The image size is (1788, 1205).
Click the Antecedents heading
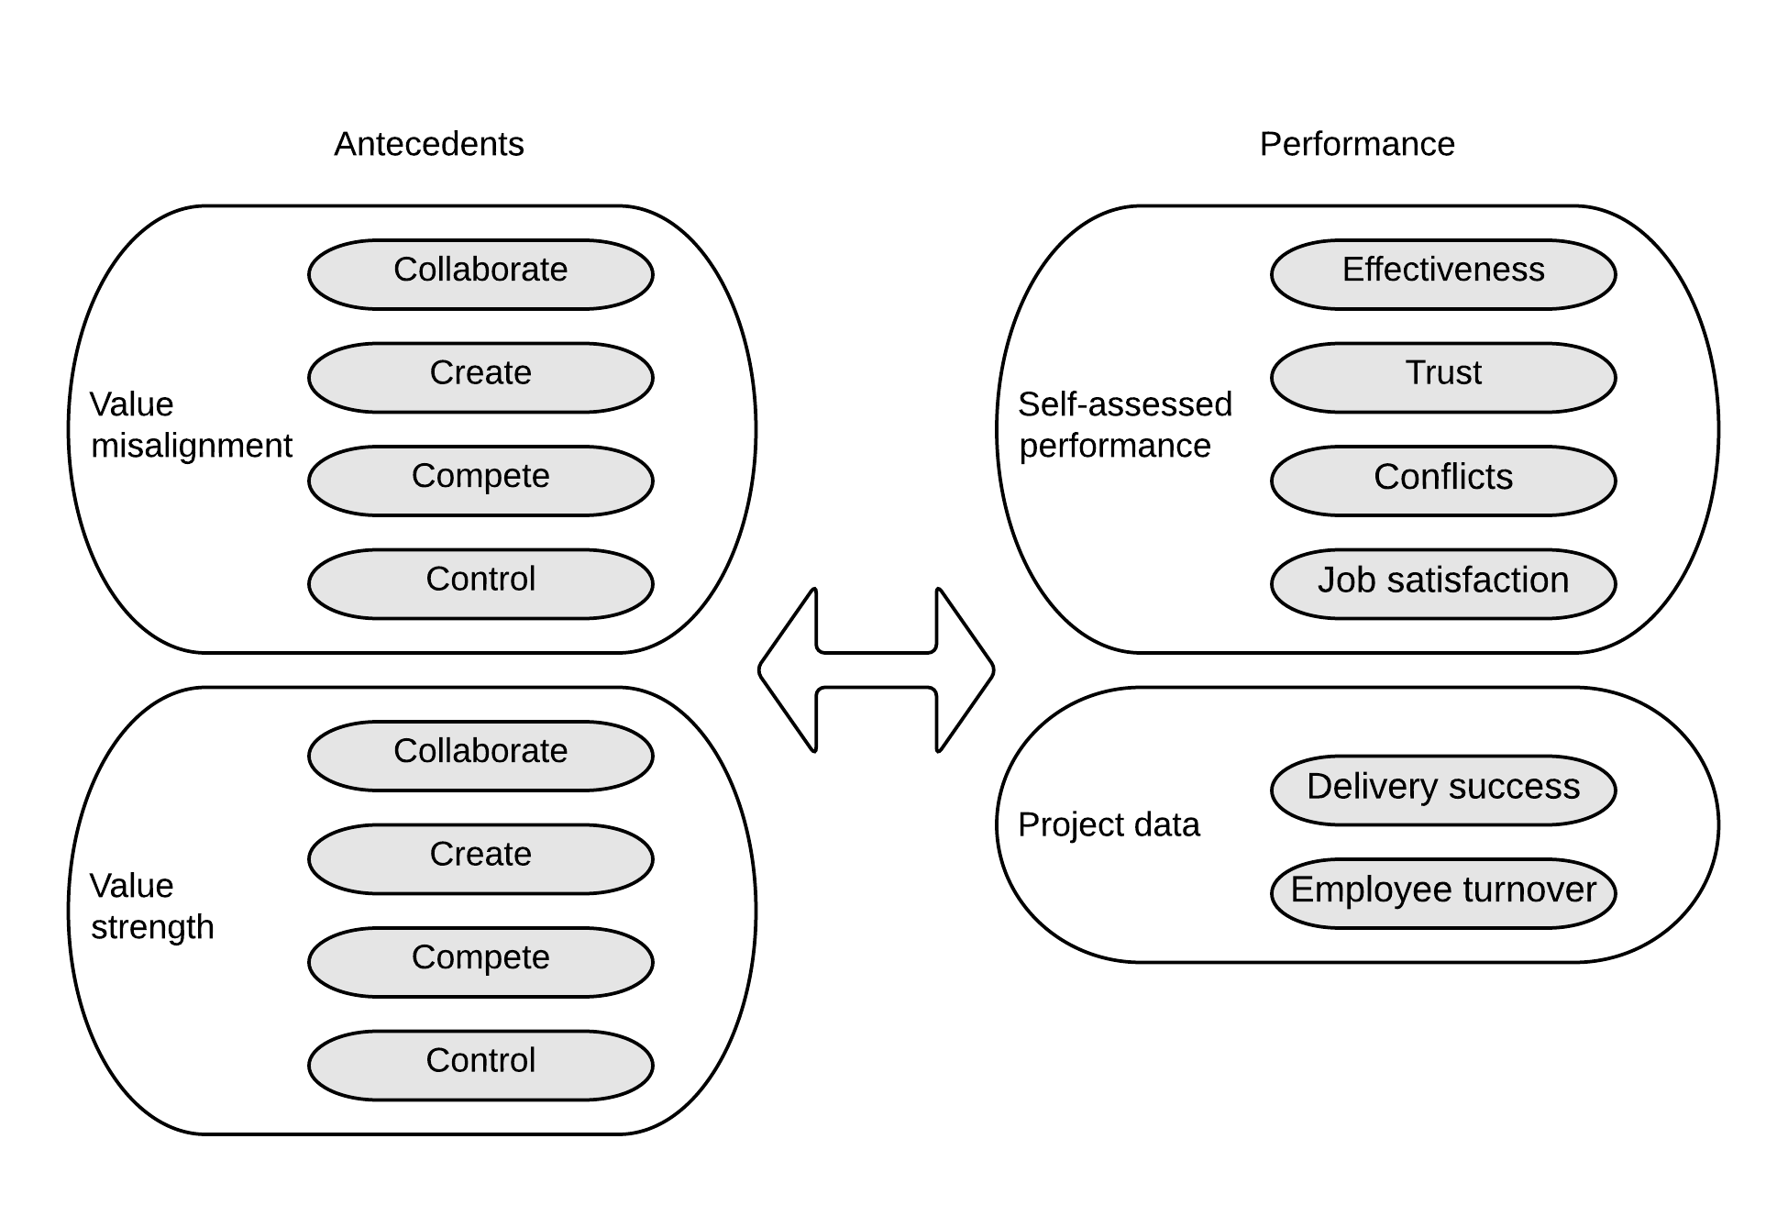click(x=428, y=144)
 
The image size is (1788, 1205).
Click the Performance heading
click(x=1356, y=144)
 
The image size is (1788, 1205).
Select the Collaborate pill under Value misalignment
click(x=480, y=274)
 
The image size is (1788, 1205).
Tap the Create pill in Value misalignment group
click(x=480, y=377)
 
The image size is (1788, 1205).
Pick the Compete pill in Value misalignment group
click(x=480, y=481)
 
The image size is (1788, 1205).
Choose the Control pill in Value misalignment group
click(x=480, y=583)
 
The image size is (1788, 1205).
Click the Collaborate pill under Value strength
click(x=480, y=756)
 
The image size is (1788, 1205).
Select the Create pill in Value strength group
click(x=480, y=858)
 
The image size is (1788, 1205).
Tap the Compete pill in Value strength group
click(x=480, y=962)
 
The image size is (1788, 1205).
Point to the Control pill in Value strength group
click(x=480, y=1065)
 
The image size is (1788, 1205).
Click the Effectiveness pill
click(x=1442, y=274)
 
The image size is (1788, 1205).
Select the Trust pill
click(x=1442, y=377)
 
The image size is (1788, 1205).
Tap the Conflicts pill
click(x=1442, y=481)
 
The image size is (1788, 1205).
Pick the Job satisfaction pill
click(x=1442, y=583)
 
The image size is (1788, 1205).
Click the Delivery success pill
click(x=1442, y=790)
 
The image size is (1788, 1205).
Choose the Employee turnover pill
click(x=1442, y=893)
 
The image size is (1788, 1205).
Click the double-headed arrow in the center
click(x=876, y=670)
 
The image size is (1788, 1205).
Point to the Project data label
click(x=1108, y=824)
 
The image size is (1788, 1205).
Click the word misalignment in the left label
click(x=191, y=446)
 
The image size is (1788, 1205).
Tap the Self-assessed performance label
click(x=1124, y=425)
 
